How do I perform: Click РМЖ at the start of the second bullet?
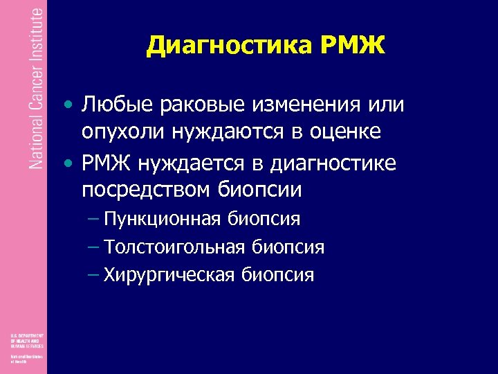(107, 163)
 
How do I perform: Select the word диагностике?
(336, 163)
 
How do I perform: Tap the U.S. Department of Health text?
(26, 340)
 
